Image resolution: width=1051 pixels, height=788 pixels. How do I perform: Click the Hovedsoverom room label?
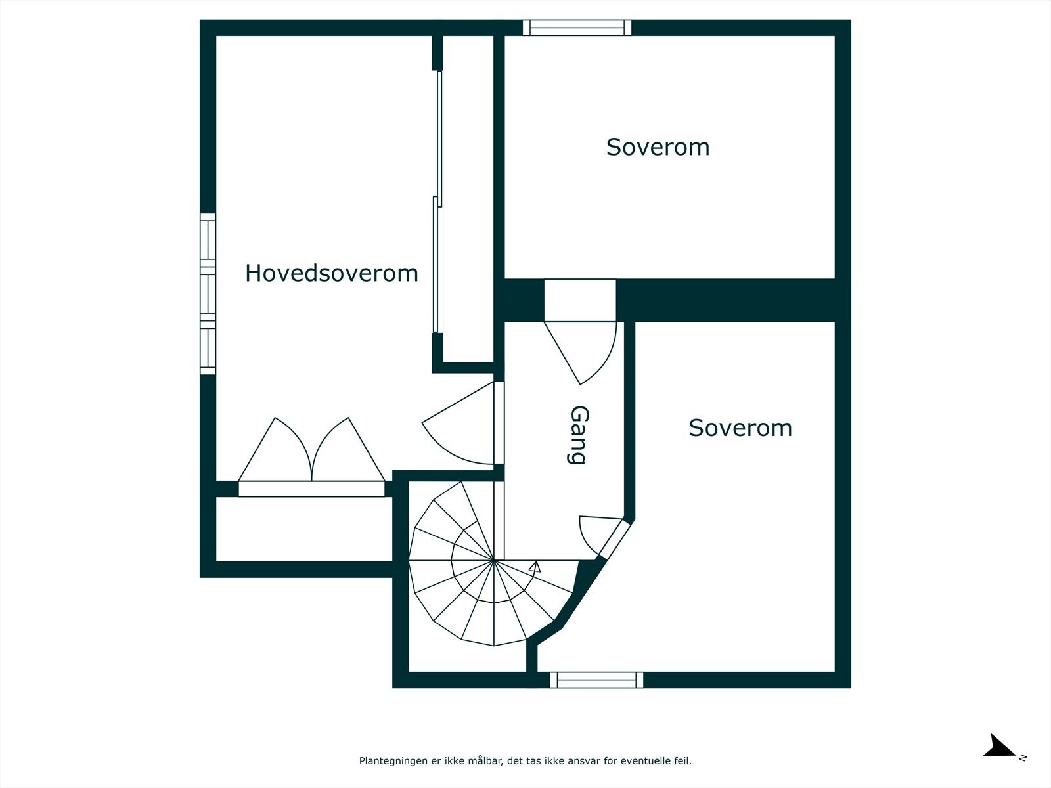pos(331,273)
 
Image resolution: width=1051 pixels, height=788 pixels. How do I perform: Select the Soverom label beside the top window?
pos(658,147)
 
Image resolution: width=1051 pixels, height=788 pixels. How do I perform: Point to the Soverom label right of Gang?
pos(740,427)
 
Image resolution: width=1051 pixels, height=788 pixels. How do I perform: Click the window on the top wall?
pos(577,28)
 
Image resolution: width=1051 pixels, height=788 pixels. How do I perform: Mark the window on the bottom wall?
pos(596,680)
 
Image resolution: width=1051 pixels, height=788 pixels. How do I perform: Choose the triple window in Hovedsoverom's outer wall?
pos(208,294)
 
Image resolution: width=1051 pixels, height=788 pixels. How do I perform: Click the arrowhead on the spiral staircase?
pos(535,567)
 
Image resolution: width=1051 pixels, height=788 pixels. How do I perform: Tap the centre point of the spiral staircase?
pos(493,559)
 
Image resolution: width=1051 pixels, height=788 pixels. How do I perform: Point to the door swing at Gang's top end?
pos(580,353)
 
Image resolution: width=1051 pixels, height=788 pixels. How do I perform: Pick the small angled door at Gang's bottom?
pos(604,537)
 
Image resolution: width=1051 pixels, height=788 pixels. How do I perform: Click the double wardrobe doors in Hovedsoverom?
pos(312,449)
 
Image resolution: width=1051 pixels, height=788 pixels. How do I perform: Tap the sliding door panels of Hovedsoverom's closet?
pos(437,202)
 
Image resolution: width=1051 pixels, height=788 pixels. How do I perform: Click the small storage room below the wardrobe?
pos(304,529)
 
